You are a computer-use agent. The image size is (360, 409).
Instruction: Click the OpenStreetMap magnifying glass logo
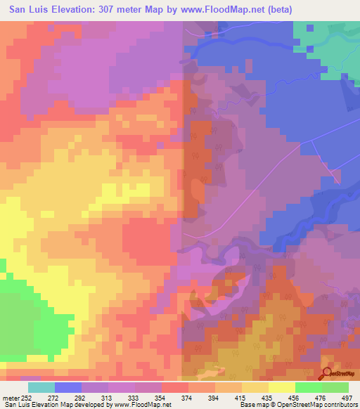point(328,373)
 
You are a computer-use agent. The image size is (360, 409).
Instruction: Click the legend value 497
point(346,397)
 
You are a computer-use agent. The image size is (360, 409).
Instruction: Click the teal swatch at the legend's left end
point(41,387)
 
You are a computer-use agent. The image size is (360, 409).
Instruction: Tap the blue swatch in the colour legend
point(68,387)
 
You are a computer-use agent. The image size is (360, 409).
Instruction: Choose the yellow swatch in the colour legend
point(282,387)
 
